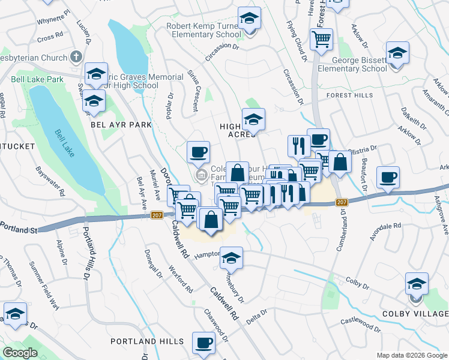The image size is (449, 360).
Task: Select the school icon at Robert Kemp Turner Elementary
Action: (249, 20)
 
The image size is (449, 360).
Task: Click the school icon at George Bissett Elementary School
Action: (397, 54)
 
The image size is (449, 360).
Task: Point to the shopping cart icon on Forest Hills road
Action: (322, 40)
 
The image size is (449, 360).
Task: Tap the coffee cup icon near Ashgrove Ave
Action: (388, 178)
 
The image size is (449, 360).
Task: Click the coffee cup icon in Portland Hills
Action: (203, 343)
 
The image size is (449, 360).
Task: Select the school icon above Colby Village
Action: (417, 284)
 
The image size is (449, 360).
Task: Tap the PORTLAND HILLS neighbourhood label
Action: (147, 341)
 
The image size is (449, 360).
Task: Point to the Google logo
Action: (20, 353)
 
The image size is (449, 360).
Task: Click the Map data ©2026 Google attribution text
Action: (411, 355)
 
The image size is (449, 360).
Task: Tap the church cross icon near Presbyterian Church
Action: (76, 58)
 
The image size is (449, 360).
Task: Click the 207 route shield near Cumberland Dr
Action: (342, 202)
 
